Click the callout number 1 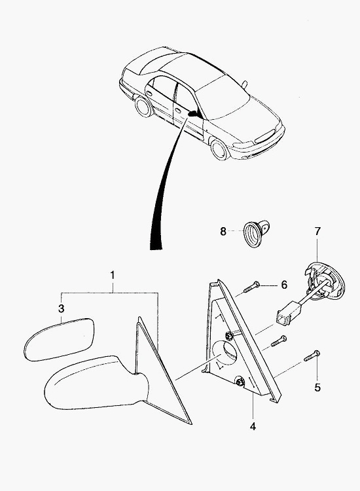click(113, 275)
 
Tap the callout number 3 click(62, 308)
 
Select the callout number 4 click(253, 426)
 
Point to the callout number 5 click(317, 388)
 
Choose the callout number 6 click(284, 285)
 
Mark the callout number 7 click(317, 231)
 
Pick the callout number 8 click(223, 232)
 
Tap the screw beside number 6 click(251, 287)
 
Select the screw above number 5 click(312, 356)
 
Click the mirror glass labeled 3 click(60, 339)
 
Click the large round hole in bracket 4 click(225, 353)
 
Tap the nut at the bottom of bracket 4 click(240, 382)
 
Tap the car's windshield click(224, 99)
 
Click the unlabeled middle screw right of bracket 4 click(279, 340)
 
